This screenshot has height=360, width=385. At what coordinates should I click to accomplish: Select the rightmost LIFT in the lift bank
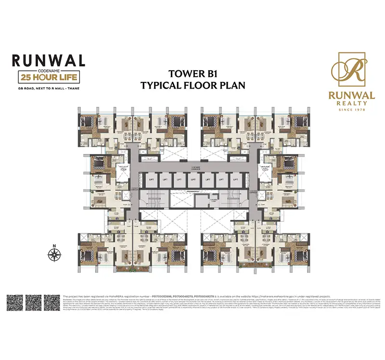coord(235,179)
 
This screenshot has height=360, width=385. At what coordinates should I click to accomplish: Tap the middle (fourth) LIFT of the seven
coord(192,179)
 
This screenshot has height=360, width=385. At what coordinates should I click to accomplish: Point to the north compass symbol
coord(54,252)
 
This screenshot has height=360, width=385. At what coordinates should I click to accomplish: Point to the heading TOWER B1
coord(192,74)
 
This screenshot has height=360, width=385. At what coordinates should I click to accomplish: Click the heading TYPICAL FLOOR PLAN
coord(192,85)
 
